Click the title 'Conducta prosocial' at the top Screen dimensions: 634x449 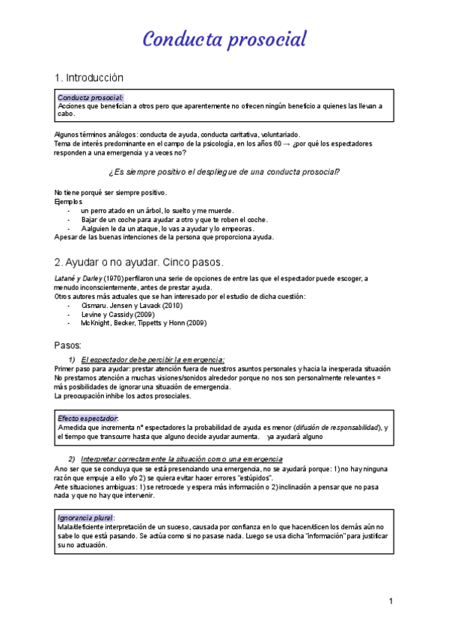click(224, 39)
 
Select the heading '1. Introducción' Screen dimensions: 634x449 click(89, 78)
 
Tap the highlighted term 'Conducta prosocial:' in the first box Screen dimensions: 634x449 click(91, 97)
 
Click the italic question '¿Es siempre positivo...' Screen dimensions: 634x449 click(224, 172)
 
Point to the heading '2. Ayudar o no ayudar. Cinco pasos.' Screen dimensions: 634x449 click(138, 262)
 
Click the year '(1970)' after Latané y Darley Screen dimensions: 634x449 click(114, 279)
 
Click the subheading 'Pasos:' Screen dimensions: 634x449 click(69, 345)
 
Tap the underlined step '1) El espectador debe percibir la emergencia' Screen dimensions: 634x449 click(153, 360)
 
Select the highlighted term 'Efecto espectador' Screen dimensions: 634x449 click(88, 418)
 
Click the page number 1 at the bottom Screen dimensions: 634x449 click(391, 601)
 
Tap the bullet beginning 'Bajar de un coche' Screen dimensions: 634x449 click(175, 220)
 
